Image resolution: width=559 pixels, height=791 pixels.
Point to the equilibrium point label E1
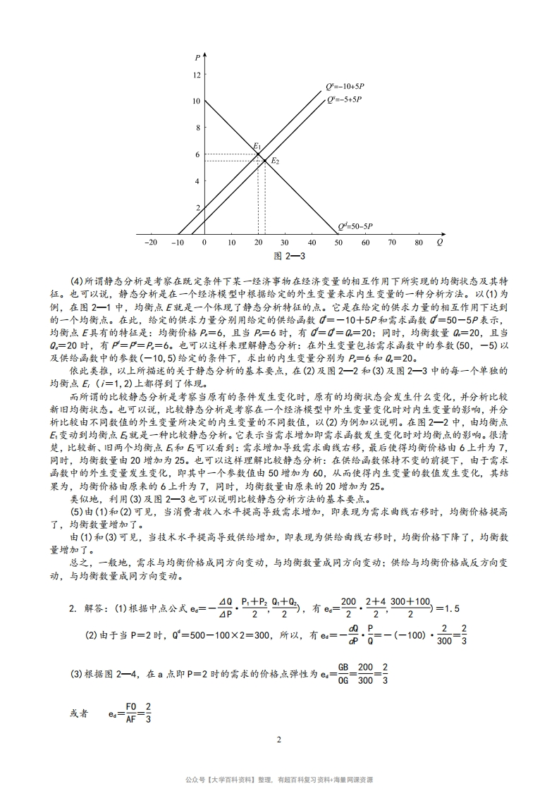pyautogui.click(x=257, y=147)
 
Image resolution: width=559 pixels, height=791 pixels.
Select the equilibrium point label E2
pyautogui.click(x=275, y=161)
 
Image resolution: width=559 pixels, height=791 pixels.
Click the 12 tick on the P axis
pyautogui.click(x=197, y=75)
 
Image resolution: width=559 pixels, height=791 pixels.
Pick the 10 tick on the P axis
pyautogui.click(x=197, y=101)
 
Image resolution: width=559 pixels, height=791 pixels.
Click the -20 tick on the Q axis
pyautogui.click(x=150, y=243)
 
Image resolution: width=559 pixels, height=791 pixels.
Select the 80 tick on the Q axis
pyautogui.click(x=419, y=243)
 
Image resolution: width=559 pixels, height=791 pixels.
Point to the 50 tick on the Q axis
pyautogui.click(x=338, y=243)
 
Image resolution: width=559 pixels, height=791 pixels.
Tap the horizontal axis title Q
pyautogui.click(x=440, y=242)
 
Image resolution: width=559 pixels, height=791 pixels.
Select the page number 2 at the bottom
pyautogui.click(x=279, y=740)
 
